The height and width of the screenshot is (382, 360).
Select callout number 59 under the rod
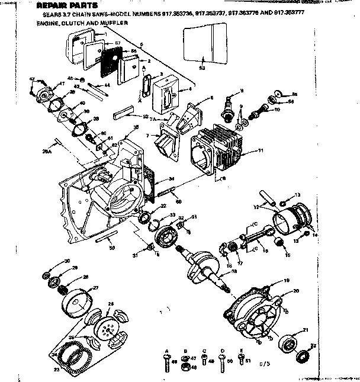112,248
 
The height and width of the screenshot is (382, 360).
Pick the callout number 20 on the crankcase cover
296,290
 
